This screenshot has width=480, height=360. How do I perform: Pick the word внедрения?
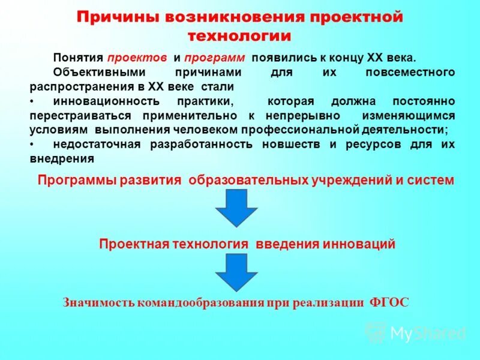click(x=62, y=159)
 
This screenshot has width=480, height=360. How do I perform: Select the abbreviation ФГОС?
click(x=388, y=302)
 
